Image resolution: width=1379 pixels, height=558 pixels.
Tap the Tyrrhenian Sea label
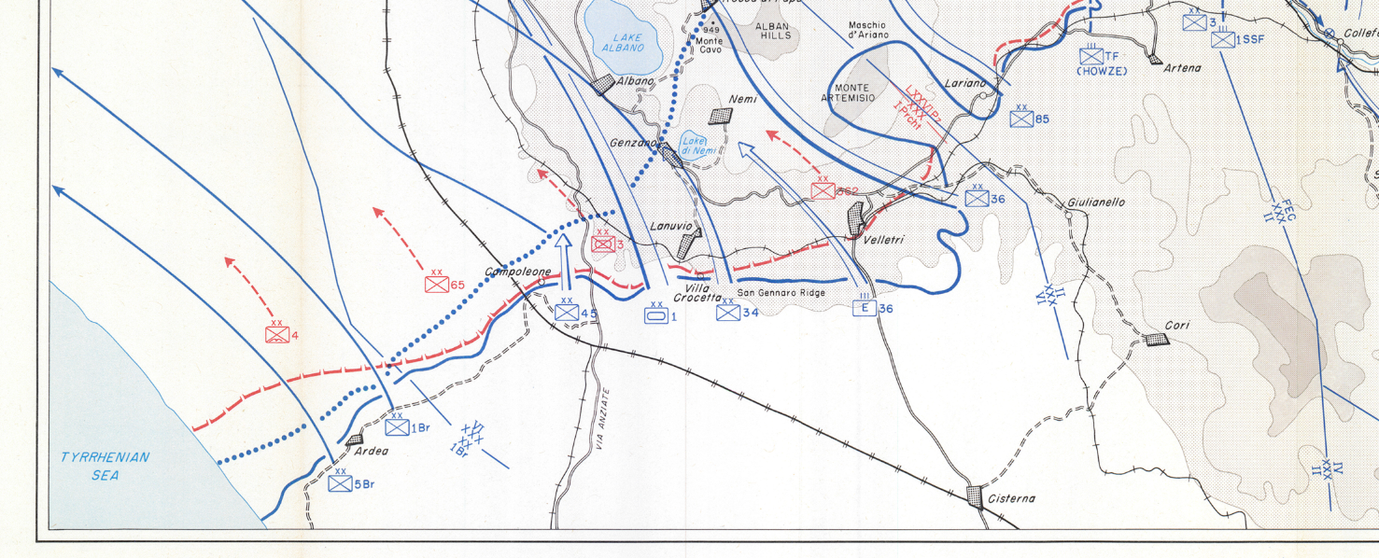point(105,466)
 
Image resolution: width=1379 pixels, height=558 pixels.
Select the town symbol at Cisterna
point(977,495)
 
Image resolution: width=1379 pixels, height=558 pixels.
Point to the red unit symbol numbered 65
point(436,284)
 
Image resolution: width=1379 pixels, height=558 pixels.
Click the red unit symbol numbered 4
point(276,335)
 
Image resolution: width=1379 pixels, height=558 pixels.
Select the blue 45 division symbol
point(567,312)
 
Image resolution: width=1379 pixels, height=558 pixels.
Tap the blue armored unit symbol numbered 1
point(656,315)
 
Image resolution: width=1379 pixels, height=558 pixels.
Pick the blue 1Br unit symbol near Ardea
point(397,426)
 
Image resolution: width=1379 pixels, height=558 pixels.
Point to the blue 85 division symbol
point(1021,119)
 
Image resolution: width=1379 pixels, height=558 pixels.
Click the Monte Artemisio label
point(848,92)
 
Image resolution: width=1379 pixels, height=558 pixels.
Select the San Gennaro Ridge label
point(781,293)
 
